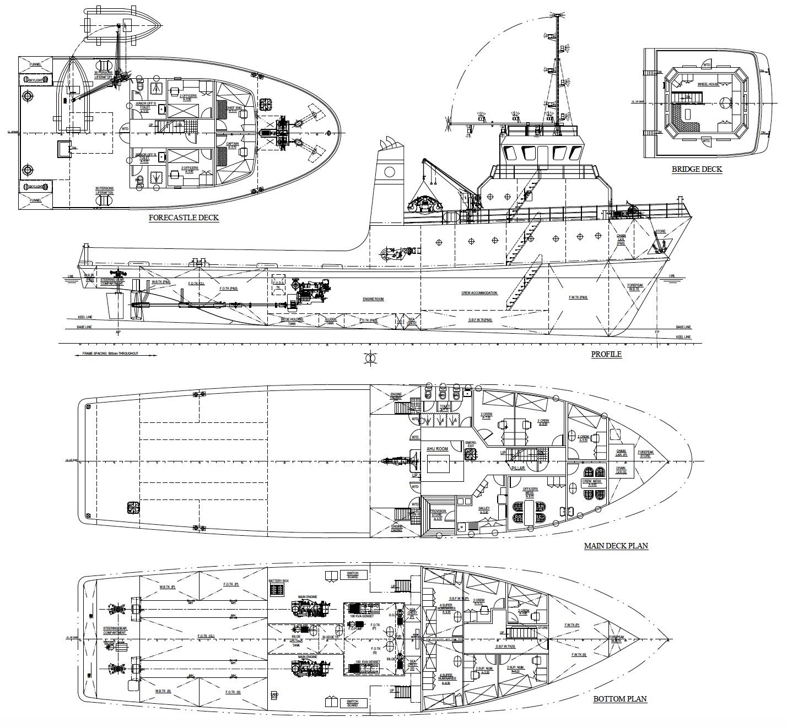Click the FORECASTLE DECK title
(184, 218)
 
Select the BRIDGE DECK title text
(697, 169)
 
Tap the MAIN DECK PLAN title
(616, 546)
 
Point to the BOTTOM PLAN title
(619, 699)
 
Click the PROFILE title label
(606, 354)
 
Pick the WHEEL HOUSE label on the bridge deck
(708, 84)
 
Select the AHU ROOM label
(437, 449)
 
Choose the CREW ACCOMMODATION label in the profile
(479, 293)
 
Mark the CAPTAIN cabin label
(232, 144)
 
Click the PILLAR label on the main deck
(518, 468)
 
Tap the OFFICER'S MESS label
(530, 491)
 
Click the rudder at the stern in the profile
(115, 305)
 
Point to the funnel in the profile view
(388, 182)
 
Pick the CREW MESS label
(592, 483)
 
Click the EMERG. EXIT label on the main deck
(470, 444)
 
